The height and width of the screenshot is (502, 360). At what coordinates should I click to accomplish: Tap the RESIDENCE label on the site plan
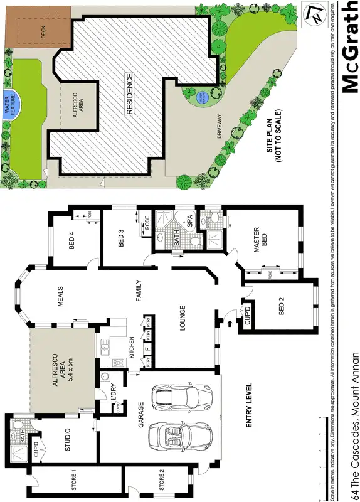coord(130,93)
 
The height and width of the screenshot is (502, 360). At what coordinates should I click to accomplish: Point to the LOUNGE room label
coord(183,313)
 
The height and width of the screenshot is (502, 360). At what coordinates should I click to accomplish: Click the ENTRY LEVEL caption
coord(249,405)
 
